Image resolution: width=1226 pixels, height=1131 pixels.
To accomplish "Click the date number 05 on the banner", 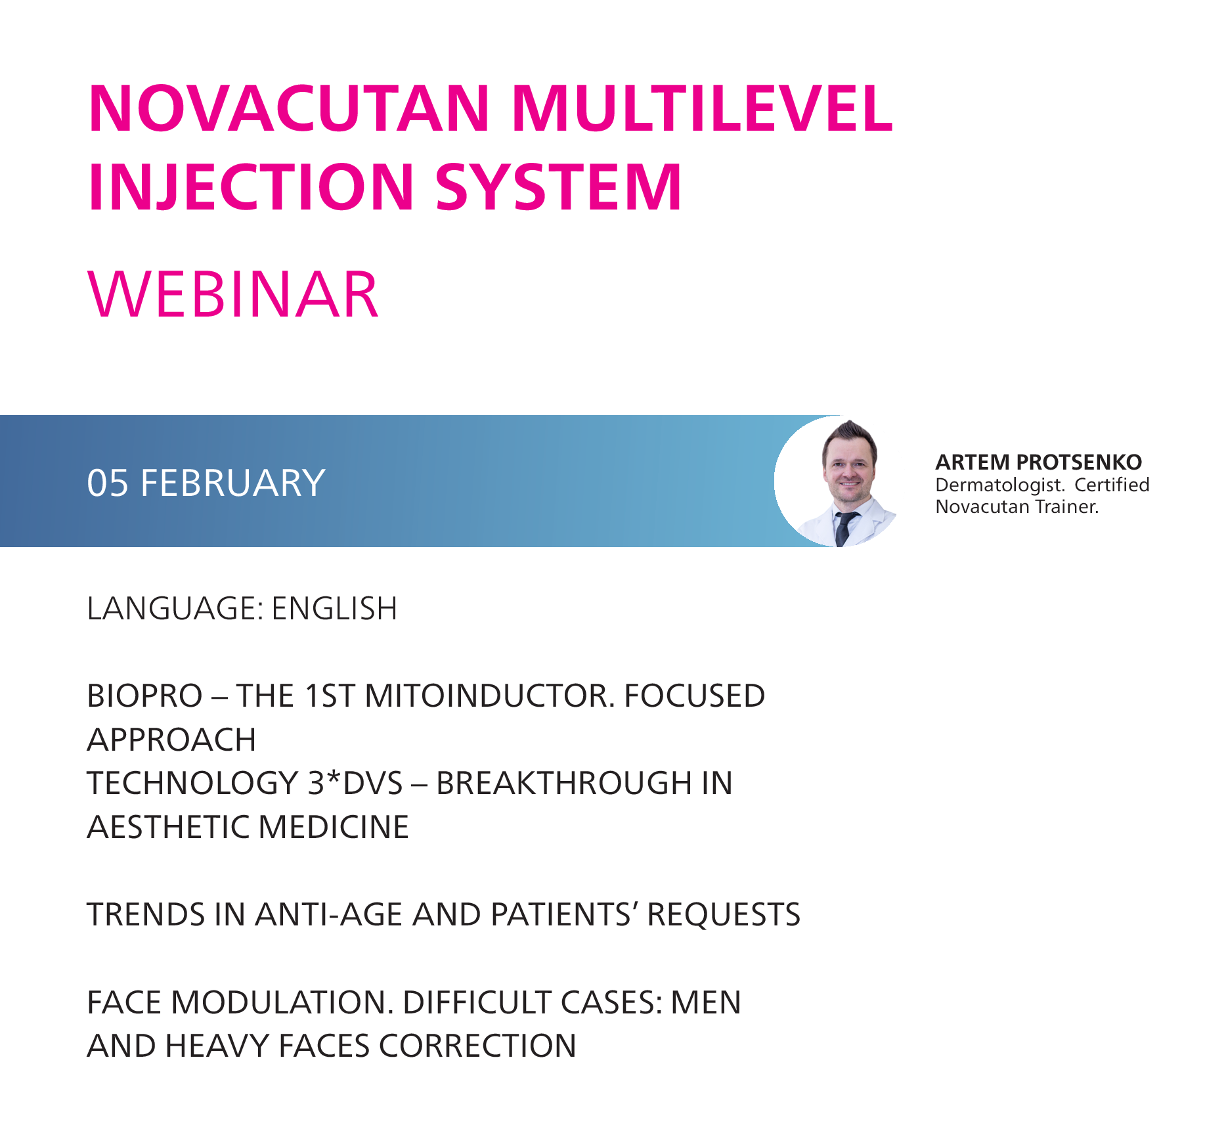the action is (x=108, y=483).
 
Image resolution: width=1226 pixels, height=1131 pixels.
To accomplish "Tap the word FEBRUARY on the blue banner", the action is (x=233, y=483).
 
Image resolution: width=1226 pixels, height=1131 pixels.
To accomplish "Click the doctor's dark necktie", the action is (x=844, y=527).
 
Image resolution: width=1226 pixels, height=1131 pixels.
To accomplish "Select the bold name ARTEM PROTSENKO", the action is (x=1039, y=462).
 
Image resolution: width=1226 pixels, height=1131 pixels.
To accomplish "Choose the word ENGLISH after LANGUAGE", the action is (x=335, y=608).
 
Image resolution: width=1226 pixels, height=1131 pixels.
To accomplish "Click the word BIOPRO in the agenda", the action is (x=144, y=696).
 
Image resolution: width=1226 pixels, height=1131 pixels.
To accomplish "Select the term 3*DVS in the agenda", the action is (x=355, y=783).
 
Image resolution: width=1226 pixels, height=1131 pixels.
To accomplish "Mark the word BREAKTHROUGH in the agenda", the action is (x=564, y=783).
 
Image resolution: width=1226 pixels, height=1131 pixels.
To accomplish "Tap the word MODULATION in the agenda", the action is (x=281, y=1003).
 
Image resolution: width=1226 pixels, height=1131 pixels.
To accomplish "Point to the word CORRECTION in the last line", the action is (x=478, y=1046).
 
